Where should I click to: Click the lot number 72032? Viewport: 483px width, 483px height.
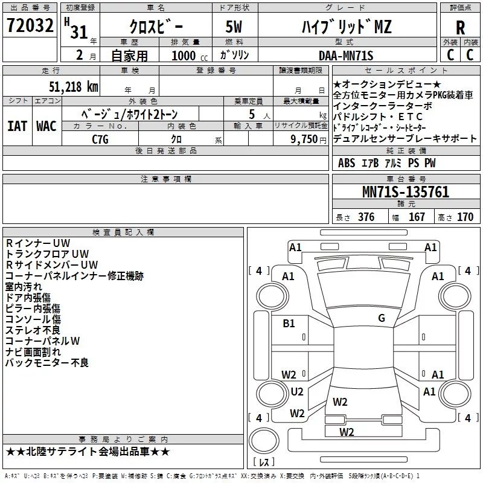coord(30,25)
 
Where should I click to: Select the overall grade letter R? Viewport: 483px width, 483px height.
coord(460,28)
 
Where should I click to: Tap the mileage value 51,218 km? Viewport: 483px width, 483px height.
coord(74,87)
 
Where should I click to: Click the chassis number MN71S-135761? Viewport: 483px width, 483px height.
coord(406,191)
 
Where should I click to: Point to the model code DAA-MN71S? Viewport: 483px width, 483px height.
coord(346,56)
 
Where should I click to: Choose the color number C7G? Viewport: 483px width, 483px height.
coord(100,139)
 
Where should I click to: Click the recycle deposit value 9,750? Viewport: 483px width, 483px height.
coord(304,139)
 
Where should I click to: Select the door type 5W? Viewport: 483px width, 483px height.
coord(234,27)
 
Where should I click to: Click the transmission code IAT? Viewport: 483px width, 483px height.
coord(18,126)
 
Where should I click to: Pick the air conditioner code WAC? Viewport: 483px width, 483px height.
coord(46,126)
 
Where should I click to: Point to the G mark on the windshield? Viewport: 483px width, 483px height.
coord(382,318)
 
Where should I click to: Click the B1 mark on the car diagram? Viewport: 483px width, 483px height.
coord(289,324)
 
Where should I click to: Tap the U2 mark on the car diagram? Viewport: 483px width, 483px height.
coord(297,391)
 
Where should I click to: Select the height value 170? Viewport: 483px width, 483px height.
coord(465,217)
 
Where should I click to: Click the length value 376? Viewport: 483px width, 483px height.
coord(366,217)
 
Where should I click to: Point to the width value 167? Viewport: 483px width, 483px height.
coord(417,217)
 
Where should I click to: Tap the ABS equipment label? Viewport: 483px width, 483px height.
coord(347,163)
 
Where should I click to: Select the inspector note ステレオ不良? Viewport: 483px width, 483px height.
coord(33,330)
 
